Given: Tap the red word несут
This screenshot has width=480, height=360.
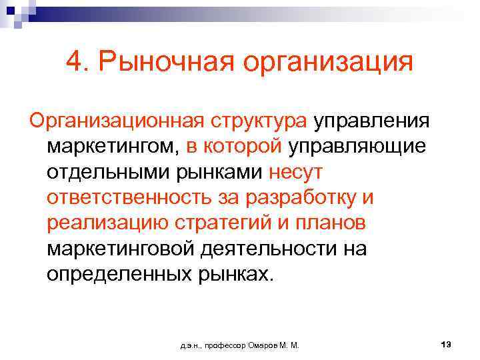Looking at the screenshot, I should [x=295, y=172].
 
